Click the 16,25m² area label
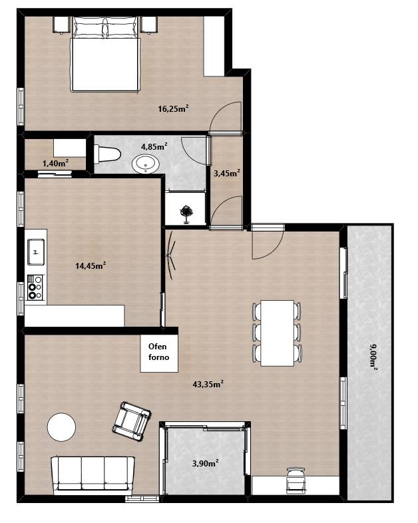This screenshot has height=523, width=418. [174, 108]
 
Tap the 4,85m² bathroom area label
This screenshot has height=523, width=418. [154, 146]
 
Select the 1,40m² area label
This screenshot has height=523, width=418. [56, 163]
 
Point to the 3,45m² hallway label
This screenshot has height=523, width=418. [227, 173]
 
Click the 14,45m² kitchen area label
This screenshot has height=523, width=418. [91, 265]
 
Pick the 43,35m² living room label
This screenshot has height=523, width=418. [208, 384]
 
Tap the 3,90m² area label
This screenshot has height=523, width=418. [206, 463]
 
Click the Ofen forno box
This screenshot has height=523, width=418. [159, 353]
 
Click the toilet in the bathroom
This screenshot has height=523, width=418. [107, 154]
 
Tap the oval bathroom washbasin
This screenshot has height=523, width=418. [146, 164]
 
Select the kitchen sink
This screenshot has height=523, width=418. [36, 252]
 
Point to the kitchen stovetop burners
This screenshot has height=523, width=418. [35, 287]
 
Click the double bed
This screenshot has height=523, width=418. [104, 54]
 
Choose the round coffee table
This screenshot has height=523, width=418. [61, 427]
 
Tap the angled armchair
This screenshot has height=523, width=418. [131, 422]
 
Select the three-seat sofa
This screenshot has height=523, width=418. [93, 475]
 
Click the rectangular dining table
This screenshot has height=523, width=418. [277, 333]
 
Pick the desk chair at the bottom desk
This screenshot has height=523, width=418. [296, 480]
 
